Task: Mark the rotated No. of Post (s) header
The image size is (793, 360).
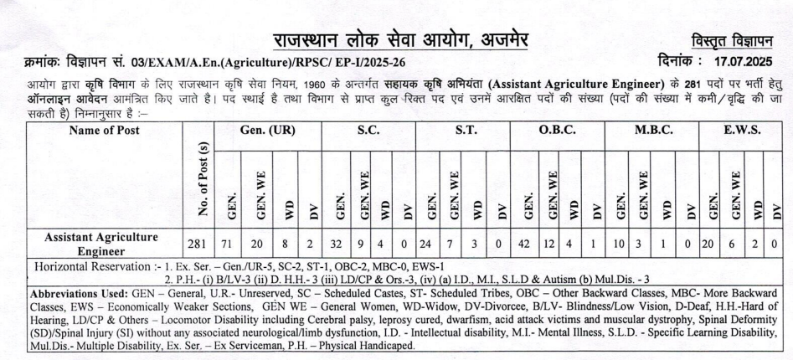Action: [x=200, y=179]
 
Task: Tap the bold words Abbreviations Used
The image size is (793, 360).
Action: [x=80, y=295]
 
